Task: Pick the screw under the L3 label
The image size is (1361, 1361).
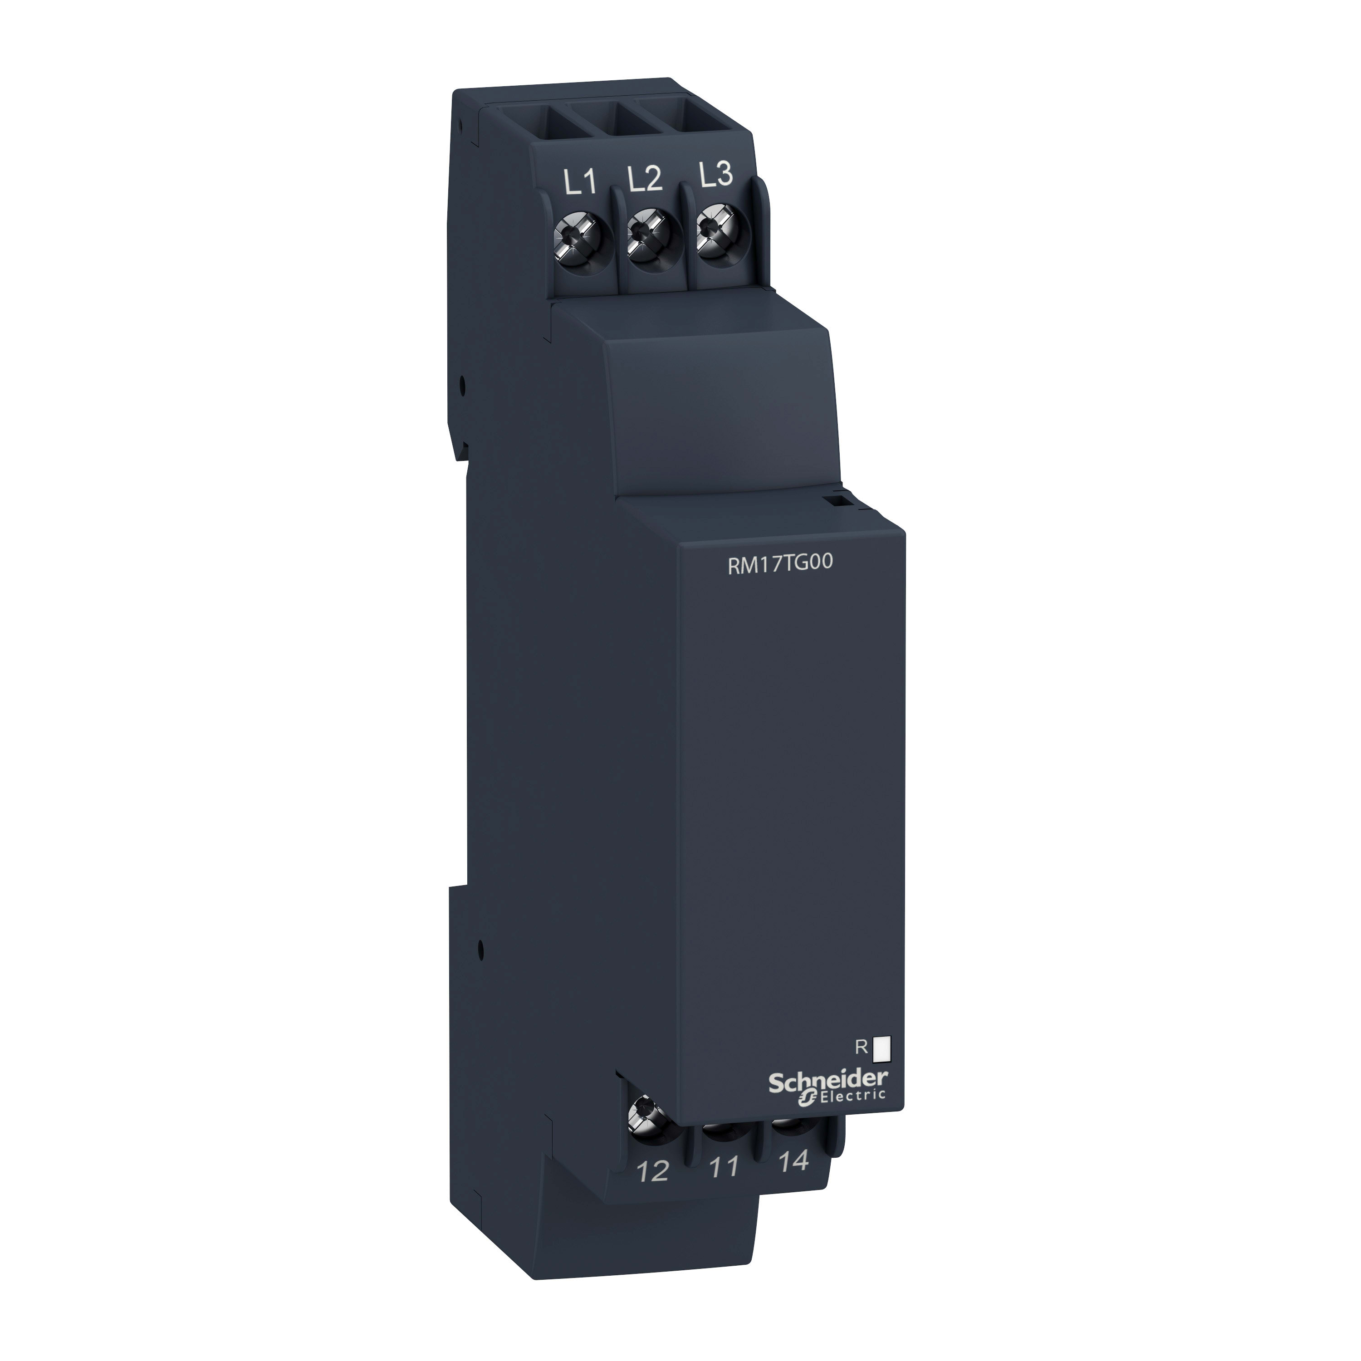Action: tap(716, 237)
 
